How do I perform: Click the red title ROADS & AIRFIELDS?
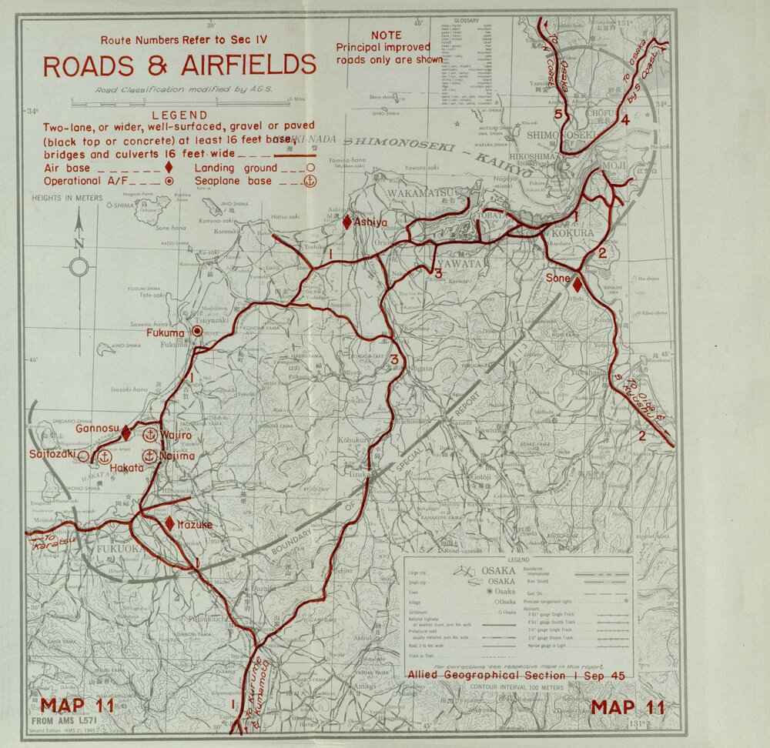pos(179,66)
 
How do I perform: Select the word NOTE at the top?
pos(386,35)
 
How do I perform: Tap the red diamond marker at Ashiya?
pos(347,222)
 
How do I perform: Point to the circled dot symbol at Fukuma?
pos(197,330)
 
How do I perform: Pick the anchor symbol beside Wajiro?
pos(150,435)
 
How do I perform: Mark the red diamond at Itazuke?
pos(169,523)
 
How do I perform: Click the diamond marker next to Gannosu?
pos(126,433)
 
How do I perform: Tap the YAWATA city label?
pos(481,263)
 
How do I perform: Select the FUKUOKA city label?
pos(117,551)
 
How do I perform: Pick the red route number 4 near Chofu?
pos(625,120)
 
